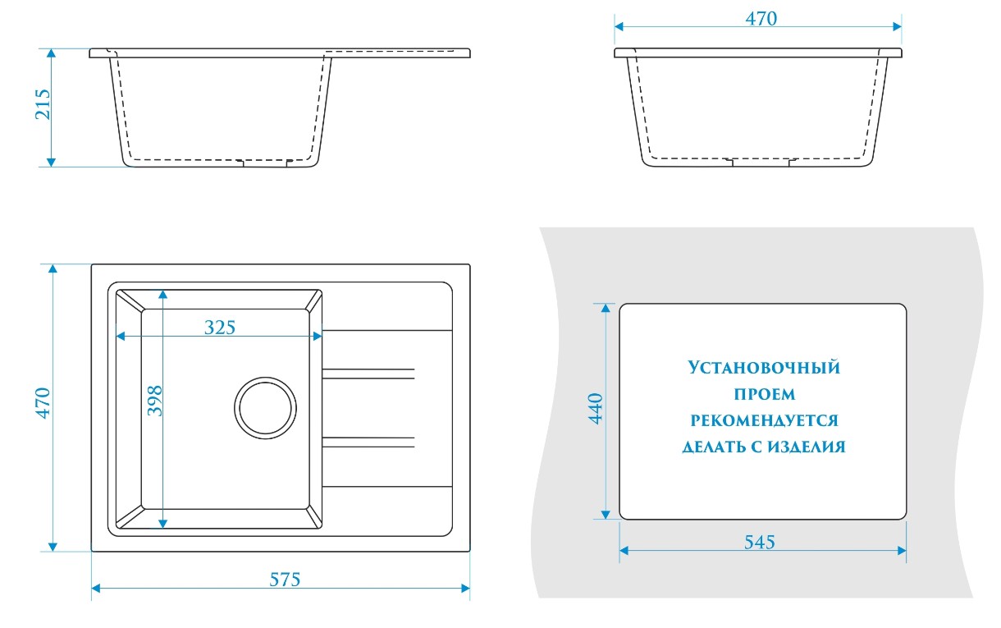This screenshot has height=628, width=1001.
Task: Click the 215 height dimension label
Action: point(43,104)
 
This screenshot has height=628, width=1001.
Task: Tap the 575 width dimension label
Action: point(285,580)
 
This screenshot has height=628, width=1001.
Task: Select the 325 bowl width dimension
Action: point(219,328)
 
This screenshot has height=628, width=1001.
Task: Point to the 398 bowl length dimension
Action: point(155,401)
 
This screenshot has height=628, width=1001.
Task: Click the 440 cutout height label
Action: point(596,408)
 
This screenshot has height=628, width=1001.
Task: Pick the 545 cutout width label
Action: point(759,542)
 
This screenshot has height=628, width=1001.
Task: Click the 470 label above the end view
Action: point(761,18)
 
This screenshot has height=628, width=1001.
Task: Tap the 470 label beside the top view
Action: point(43,403)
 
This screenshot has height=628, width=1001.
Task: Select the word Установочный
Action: point(764,368)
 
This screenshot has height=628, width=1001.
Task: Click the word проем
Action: point(765,394)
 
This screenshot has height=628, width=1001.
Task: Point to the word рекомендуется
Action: point(764,420)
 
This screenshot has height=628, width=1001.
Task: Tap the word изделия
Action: point(806,447)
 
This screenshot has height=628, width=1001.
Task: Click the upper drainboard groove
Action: point(368,374)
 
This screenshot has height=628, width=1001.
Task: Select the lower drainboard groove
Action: point(368,442)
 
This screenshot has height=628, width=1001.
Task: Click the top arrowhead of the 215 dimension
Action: point(51,53)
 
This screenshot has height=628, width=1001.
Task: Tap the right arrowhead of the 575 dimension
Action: point(465,589)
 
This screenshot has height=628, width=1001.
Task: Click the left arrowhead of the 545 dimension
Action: point(624,551)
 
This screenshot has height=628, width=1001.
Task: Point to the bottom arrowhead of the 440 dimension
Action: point(606,515)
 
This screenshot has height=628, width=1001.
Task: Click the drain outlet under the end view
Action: point(761,163)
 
